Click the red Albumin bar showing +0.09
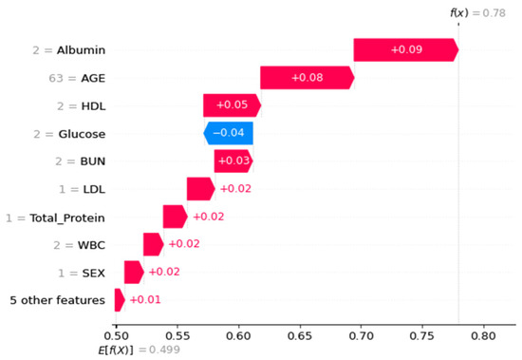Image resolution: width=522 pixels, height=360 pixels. tap(405, 49)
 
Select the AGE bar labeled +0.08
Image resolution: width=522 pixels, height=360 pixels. tap(307, 78)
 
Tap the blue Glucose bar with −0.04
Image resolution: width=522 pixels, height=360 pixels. tap(228, 134)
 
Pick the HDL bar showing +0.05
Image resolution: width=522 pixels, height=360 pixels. tap(231, 105)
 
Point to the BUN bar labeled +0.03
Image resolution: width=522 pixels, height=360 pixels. tap(233, 161)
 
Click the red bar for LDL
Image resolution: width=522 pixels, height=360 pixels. tap(200, 189)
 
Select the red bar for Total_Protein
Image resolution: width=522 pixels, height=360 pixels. tap(175, 218)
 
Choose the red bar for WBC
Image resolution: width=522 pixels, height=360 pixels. tap(153, 245)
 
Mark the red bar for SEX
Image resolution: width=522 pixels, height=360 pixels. tap(133, 273)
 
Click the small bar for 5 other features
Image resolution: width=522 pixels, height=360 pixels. tap(119, 300)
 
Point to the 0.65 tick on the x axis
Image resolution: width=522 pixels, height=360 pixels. tap(299, 334)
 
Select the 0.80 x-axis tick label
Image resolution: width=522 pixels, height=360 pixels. tap(483, 334)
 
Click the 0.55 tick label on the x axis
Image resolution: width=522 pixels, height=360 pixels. tap(177, 334)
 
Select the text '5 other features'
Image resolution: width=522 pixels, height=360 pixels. tap(57, 301)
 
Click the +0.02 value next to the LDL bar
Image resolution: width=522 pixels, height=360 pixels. tap(235, 189)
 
